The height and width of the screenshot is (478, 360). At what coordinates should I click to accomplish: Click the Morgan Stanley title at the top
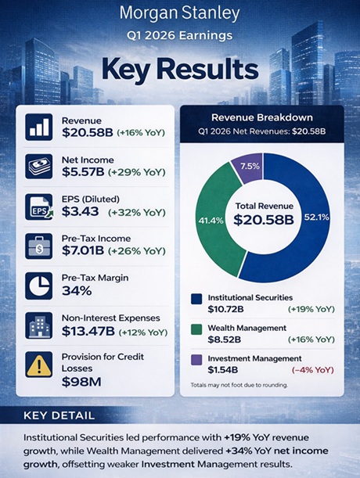pyautogui.click(x=179, y=13)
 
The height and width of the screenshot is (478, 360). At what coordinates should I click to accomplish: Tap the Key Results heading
pyautogui.click(x=179, y=69)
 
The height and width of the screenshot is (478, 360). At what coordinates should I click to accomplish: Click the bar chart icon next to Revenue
pyautogui.click(x=38, y=127)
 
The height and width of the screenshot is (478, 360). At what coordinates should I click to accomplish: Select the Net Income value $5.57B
pyautogui.click(x=85, y=171)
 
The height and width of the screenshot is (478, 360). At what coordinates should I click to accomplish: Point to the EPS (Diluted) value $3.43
pyautogui.click(x=80, y=211)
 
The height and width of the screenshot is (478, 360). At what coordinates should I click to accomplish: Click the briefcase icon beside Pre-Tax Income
pyautogui.click(x=38, y=245)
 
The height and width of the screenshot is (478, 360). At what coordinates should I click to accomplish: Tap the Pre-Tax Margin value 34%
pyautogui.click(x=76, y=290)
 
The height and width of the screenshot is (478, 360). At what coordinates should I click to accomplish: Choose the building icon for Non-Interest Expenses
pyautogui.click(x=38, y=325)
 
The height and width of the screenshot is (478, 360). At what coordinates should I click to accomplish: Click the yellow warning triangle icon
pyautogui.click(x=38, y=365)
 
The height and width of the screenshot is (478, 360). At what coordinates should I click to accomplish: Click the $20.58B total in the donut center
pyautogui.click(x=263, y=220)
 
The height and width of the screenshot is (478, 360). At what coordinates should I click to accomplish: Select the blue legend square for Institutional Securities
pyautogui.click(x=196, y=298)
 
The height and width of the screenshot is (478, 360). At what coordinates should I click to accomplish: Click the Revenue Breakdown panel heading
pyautogui.click(x=263, y=117)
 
